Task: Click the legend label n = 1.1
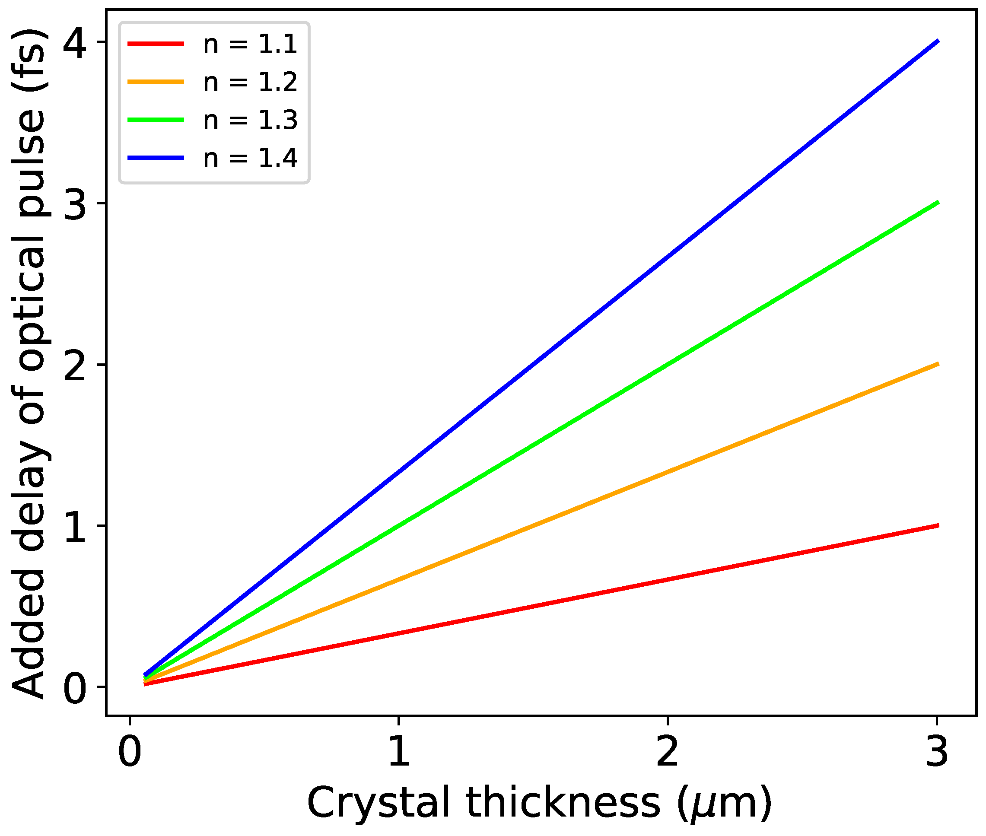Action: point(250,44)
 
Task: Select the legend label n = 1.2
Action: point(250,82)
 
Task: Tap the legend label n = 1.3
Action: point(250,120)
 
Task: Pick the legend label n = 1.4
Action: point(250,158)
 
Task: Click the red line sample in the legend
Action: point(156,44)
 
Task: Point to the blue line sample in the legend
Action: point(156,157)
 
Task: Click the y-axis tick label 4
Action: point(75,44)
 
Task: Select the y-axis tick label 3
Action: point(75,204)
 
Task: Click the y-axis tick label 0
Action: point(75,688)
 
